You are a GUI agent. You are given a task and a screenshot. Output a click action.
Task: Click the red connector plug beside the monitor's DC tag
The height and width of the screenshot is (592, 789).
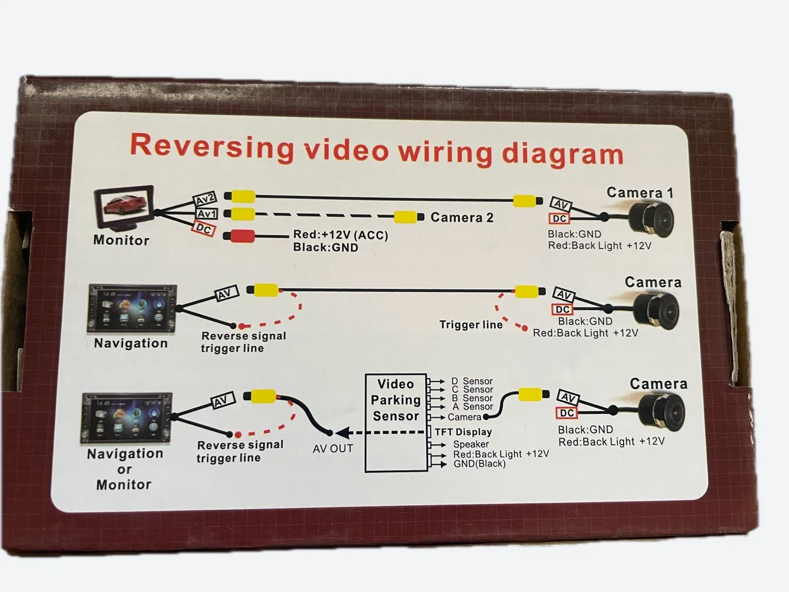click(x=239, y=236)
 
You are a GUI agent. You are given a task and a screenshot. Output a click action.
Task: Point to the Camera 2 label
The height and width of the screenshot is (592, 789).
click(x=462, y=218)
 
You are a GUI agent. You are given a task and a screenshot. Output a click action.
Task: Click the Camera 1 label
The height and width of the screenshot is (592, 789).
click(x=639, y=193)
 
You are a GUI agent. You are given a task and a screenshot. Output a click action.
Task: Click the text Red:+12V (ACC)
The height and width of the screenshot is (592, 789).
click(x=340, y=235)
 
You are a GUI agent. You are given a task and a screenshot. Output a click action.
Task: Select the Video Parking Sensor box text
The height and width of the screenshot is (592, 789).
click(x=396, y=400)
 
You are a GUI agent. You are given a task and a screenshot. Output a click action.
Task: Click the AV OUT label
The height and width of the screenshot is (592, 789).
click(x=333, y=448)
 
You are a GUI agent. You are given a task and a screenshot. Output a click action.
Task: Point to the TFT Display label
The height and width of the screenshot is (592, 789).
click(x=463, y=432)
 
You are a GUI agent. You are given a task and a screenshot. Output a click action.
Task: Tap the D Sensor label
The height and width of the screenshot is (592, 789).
click(x=472, y=381)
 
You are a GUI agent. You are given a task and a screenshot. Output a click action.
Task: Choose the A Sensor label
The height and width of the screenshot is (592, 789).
click(x=472, y=407)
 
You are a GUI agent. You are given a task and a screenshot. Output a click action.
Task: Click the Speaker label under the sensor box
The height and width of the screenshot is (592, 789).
click(x=471, y=445)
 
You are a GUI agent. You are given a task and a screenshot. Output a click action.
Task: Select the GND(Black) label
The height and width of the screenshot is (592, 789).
click(x=479, y=464)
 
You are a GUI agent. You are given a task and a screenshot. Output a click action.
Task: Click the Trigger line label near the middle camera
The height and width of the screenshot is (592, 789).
click(x=471, y=325)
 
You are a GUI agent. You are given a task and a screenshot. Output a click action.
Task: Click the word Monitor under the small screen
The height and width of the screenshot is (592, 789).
click(x=121, y=240)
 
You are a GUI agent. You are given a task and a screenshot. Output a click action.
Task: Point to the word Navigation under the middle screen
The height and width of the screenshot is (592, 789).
click(x=131, y=343)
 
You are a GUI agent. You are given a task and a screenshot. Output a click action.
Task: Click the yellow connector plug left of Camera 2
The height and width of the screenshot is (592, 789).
click(x=408, y=217)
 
